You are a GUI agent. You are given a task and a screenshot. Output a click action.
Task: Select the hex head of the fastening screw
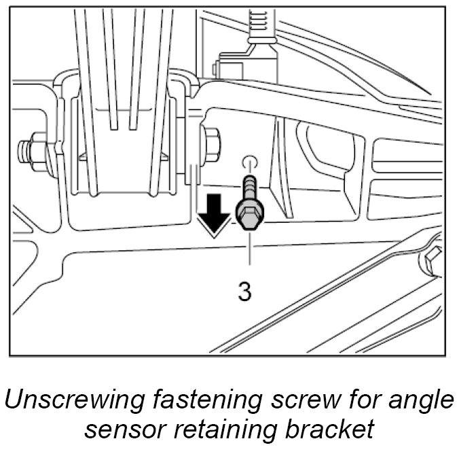249,216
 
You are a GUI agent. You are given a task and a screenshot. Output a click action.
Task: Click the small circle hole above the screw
249,162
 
